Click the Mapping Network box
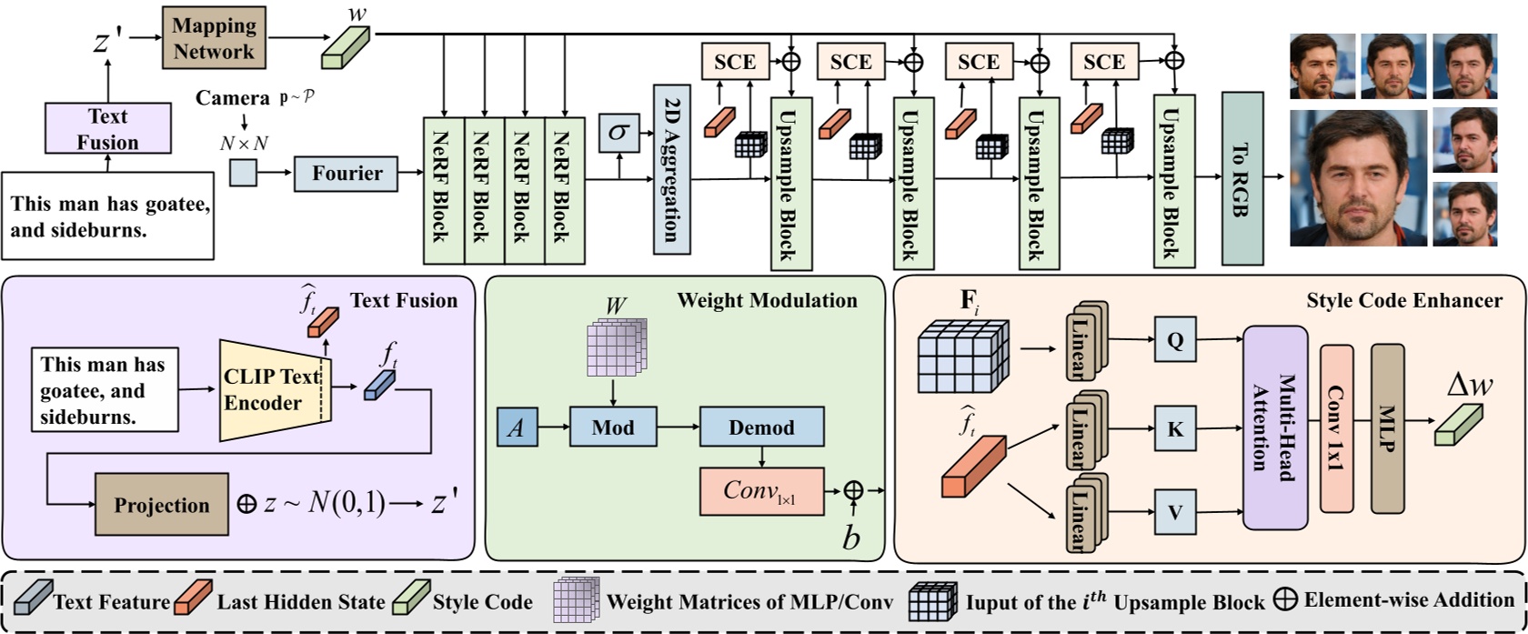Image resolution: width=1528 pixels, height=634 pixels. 214,37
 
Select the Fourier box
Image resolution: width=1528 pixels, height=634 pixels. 346,173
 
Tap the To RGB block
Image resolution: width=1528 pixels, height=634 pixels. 1242,179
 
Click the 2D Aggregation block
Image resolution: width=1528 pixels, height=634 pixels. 672,170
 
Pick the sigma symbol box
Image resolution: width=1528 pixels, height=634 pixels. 618,133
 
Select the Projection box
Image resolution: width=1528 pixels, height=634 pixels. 162,505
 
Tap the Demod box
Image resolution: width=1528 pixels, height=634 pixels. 761,427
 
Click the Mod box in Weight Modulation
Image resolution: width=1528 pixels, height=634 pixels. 613,427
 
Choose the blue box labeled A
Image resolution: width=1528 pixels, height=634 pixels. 517,428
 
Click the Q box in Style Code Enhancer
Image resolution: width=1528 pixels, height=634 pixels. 1175,340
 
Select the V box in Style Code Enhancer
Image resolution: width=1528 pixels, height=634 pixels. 1175,512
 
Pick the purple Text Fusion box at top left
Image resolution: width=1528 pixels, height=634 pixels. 107,128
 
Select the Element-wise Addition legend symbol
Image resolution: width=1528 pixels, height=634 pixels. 1286,599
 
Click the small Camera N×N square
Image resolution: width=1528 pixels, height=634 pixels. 243,173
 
